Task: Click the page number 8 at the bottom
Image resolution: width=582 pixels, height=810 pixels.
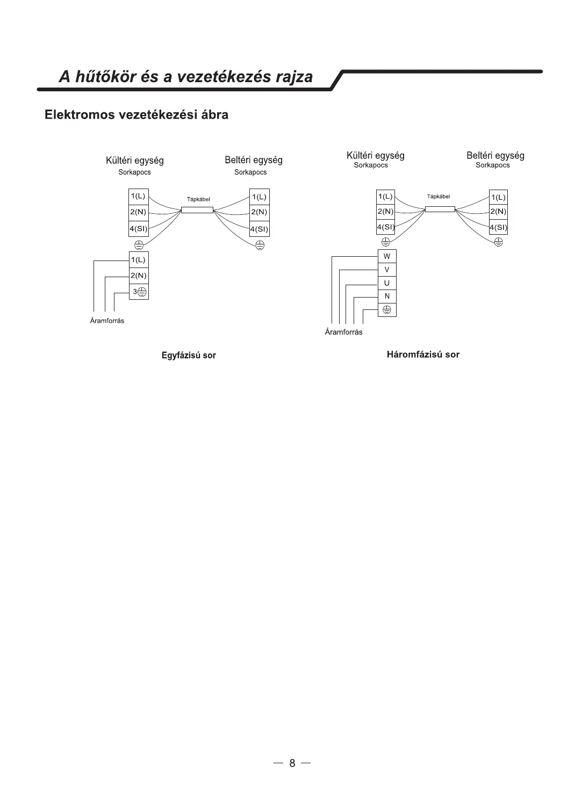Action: point(292,763)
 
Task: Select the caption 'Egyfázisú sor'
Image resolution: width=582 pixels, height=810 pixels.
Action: point(189,355)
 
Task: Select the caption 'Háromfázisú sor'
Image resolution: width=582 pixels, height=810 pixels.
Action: point(423,355)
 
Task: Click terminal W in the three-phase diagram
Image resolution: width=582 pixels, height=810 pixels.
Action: point(387,256)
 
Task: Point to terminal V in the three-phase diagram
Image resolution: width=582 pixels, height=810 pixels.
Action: point(387,270)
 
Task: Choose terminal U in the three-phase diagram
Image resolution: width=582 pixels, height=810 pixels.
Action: point(387,283)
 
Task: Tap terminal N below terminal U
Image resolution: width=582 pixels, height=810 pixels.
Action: point(387,296)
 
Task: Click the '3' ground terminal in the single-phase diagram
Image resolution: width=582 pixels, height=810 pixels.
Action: point(139,292)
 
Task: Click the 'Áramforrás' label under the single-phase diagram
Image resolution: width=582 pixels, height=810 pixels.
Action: point(107,321)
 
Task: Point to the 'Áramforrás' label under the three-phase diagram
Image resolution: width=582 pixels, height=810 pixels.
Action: point(343,332)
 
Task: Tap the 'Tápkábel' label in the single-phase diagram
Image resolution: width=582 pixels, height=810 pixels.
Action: point(198,199)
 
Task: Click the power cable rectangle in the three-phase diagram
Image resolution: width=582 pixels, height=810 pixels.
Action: point(440,209)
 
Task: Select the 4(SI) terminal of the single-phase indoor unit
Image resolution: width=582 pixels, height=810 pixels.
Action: point(259,229)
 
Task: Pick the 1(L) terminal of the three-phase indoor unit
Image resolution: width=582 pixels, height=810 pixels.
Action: point(498,197)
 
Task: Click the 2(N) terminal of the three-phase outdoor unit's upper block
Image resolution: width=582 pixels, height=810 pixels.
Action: point(385,212)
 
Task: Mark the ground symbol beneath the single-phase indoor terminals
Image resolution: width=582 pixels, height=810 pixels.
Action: point(260,245)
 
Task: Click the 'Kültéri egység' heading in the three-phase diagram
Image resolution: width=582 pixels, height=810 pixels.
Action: point(375,156)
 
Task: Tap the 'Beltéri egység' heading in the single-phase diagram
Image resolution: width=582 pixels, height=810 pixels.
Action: point(253,160)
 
